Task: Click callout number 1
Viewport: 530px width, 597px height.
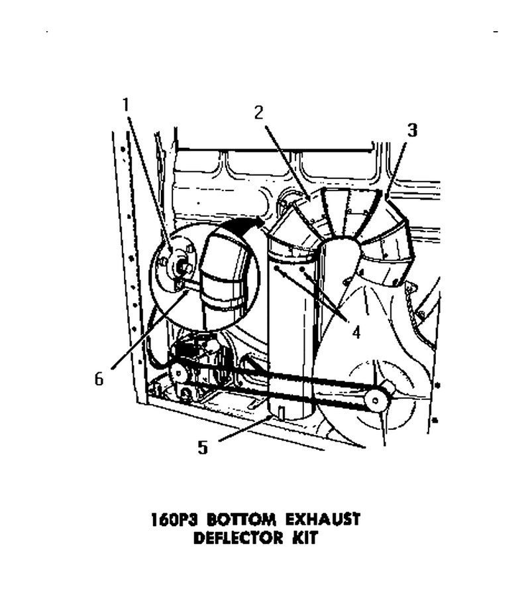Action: pyautogui.click(x=126, y=105)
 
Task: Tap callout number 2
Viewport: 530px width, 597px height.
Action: pyautogui.click(x=258, y=113)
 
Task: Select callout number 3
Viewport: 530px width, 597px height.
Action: pyautogui.click(x=412, y=130)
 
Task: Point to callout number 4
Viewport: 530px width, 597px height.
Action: pyautogui.click(x=356, y=332)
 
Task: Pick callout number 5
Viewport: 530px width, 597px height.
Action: pyautogui.click(x=203, y=447)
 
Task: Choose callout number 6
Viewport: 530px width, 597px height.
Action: pyautogui.click(x=99, y=379)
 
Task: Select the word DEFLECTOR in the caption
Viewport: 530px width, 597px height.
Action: pyautogui.click(x=238, y=538)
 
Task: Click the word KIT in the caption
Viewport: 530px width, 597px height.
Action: pyautogui.click(x=305, y=538)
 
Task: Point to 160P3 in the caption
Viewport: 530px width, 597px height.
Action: pyautogui.click(x=176, y=519)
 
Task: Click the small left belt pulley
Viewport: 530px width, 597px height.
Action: pyautogui.click(x=177, y=372)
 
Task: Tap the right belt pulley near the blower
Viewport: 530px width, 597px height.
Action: pyautogui.click(x=375, y=400)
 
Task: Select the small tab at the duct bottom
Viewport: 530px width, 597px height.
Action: pyautogui.click(x=282, y=413)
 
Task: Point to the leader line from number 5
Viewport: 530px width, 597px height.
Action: pyautogui.click(x=246, y=429)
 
